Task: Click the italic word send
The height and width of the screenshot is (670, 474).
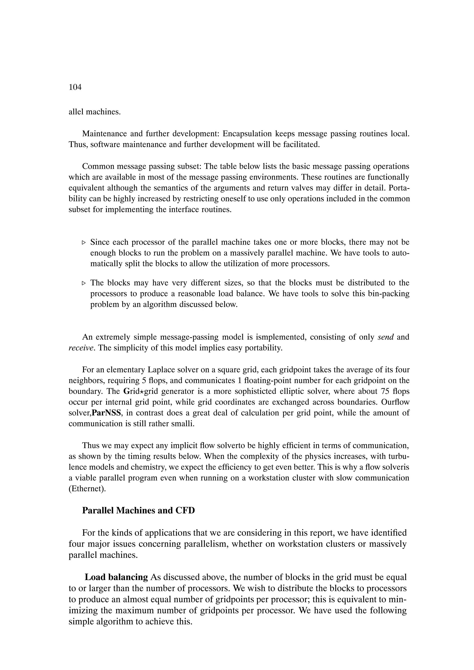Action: [x=386, y=337]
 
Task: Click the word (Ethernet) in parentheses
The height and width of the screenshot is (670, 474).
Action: [x=87, y=489]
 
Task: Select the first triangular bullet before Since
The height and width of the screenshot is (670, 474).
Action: [x=84, y=242]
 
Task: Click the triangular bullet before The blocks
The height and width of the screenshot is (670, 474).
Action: [x=84, y=283]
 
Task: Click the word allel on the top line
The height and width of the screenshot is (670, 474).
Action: [x=76, y=112]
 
